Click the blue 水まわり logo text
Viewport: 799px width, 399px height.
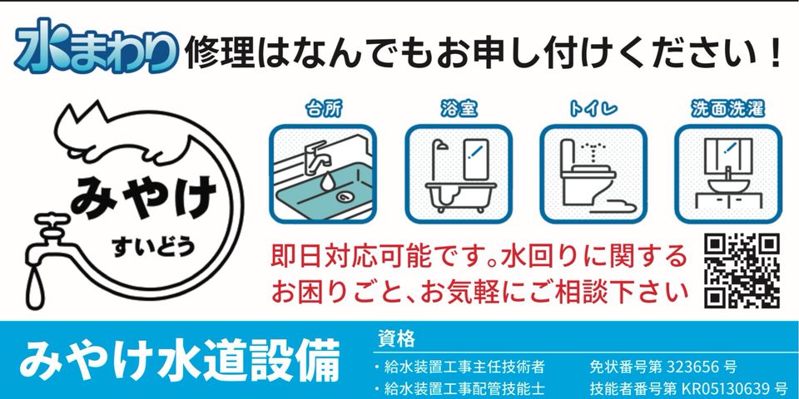coord(97,47)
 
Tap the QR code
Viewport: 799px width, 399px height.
coord(742,270)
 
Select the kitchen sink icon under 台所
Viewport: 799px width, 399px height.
coord(323,174)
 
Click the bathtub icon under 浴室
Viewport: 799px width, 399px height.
coord(459,174)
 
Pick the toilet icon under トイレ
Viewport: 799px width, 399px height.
coord(593,174)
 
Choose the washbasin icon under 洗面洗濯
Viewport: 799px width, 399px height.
coord(728,174)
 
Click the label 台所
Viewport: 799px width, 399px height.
coord(324,109)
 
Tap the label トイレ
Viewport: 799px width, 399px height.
coord(593,109)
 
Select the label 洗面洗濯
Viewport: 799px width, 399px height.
coord(728,109)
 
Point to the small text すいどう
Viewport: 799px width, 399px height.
coord(154,247)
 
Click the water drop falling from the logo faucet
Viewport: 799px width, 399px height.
coord(36,288)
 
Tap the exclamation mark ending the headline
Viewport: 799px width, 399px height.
coord(775,51)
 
